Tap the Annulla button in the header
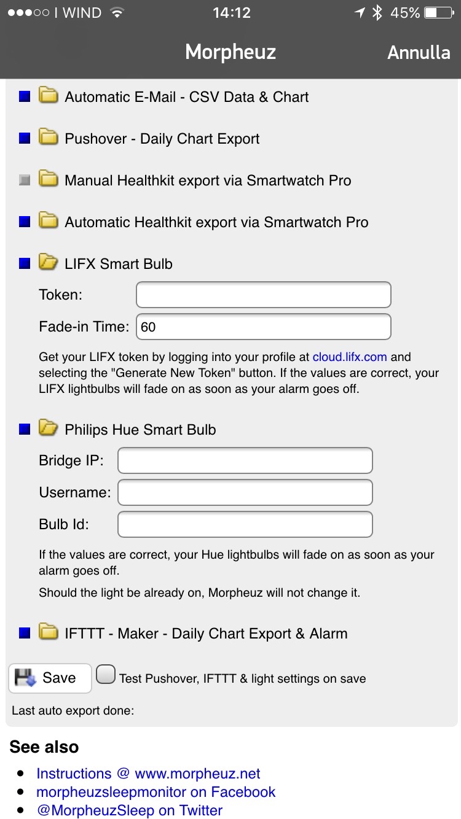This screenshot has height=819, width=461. point(419,53)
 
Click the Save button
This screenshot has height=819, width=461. point(50,678)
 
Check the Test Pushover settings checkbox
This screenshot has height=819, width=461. point(106,675)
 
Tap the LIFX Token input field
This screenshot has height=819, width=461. point(263,295)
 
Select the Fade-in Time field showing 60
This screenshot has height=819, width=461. point(263,327)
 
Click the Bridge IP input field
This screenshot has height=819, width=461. point(245,460)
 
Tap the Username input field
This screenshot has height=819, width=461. point(245,492)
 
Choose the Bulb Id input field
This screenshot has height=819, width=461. point(245,524)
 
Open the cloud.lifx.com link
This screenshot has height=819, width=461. point(350,357)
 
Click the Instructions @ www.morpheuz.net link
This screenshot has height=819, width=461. point(148,774)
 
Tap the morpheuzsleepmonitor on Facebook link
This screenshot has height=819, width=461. point(156,792)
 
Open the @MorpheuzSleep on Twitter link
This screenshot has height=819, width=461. point(129,810)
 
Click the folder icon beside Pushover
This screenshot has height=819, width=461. point(48,138)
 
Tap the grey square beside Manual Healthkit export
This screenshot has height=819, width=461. point(25,180)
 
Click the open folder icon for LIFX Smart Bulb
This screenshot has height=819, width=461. point(48,263)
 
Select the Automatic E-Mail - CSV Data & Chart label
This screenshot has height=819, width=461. point(186,97)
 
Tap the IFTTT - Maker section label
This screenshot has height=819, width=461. point(206,634)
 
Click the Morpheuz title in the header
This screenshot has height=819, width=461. point(230,53)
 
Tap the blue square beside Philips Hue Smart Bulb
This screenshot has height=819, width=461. point(25,430)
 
